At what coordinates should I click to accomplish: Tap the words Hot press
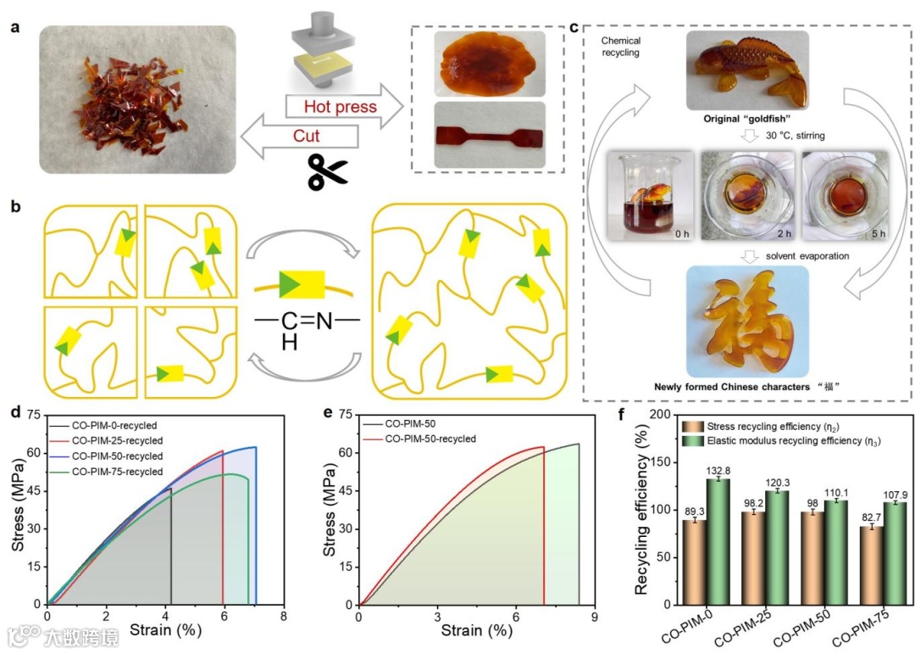tap(327, 106)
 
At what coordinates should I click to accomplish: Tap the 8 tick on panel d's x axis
tap(283, 615)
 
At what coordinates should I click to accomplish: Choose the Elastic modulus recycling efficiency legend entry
tap(792, 439)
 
